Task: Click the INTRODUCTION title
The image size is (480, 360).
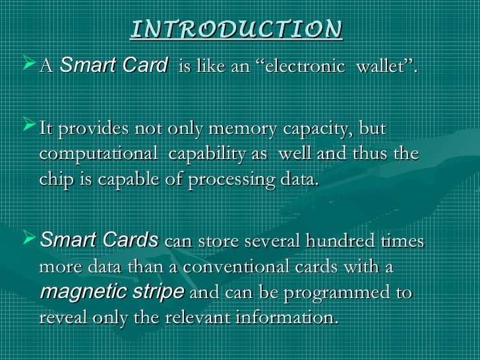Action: point(237,30)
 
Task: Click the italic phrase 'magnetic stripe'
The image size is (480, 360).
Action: point(112,292)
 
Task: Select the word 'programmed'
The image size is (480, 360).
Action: point(320,293)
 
